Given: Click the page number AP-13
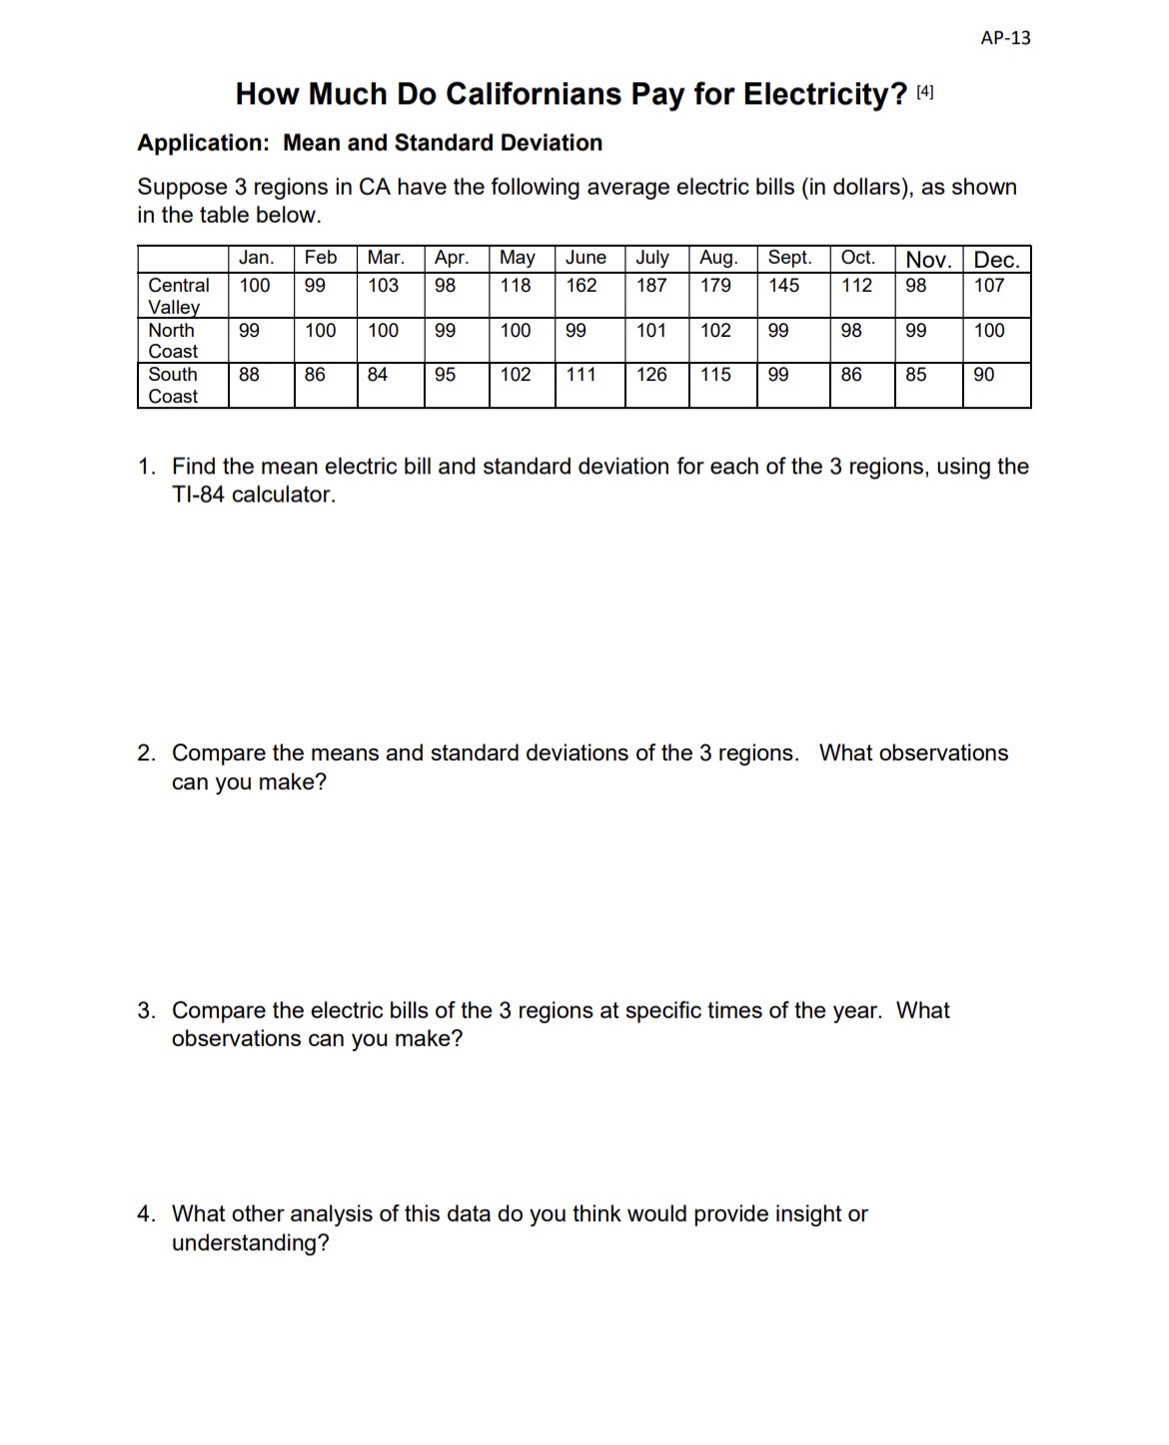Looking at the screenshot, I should click(x=1005, y=38).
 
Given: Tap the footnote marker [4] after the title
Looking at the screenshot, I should click(x=925, y=93).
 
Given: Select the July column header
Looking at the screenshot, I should click(x=652, y=258).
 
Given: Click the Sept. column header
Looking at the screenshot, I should click(x=789, y=258).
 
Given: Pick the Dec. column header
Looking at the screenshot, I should click(x=996, y=260).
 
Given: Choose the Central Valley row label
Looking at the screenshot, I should click(x=178, y=296).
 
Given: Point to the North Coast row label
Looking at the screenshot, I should click(x=173, y=341).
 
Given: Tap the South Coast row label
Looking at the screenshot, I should click(x=173, y=385).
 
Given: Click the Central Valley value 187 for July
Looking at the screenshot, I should click(x=651, y=286).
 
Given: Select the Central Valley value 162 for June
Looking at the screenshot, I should click(x=582, y=286).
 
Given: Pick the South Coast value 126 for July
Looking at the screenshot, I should click(x=651, y=375).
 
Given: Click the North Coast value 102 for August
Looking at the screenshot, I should click(x=715, y=331).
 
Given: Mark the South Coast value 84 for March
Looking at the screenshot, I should click(x=378, y=375).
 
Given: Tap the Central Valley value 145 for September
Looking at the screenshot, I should click(x=783, y=286).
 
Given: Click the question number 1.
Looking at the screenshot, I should click(x=146, y=467).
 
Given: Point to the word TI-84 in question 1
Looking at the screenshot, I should click(x=198, y=495).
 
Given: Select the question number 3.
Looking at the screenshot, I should click(x=146, y=1010).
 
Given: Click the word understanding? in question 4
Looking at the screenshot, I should click(x=250, y=1243).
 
